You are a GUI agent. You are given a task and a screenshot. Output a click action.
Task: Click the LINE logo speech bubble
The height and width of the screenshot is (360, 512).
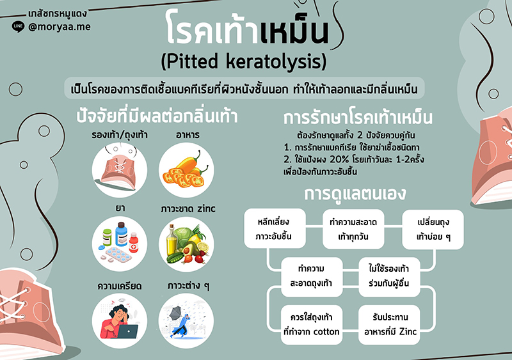tap(18, 27)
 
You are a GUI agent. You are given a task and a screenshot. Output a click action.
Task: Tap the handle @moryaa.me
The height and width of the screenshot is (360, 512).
tap(59, 26)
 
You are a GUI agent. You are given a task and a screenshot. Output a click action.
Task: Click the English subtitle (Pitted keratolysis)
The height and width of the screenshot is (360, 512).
tap(244, 61)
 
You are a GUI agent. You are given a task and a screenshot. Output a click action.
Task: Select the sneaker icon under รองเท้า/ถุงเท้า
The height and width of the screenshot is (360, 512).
tap(120, 169)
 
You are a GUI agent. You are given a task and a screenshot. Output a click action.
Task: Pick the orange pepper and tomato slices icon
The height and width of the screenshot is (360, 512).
tap(186, 170)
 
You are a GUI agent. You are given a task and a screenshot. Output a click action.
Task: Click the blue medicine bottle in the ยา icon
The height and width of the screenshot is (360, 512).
tap(121, 234)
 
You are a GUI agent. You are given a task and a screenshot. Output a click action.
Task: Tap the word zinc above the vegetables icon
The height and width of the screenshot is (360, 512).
tap(206, 208)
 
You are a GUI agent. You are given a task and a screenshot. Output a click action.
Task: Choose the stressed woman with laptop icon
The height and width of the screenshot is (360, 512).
tap(120, 321)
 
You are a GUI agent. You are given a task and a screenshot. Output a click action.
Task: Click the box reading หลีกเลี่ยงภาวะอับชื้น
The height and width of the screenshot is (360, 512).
tap(275, 228)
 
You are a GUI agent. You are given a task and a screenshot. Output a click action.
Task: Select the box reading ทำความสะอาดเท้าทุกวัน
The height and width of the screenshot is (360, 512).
tap(353, 229)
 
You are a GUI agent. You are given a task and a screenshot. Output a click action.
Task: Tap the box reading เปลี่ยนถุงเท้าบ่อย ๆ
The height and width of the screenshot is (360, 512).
tap(433, 230)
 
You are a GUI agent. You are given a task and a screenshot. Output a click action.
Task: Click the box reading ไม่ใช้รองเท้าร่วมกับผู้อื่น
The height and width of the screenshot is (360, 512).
tap(389, 277)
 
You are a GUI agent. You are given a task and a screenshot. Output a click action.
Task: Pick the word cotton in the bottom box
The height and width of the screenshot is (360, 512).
tap(326, 332)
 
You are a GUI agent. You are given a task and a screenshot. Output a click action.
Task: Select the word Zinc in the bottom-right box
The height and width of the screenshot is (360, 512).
tap(408, 332)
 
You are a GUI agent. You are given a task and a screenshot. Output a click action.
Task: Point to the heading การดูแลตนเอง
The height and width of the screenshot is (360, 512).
tap(355, 194)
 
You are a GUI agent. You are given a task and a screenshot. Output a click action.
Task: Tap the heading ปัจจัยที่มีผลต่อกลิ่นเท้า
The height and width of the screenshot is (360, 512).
tap(157, 116)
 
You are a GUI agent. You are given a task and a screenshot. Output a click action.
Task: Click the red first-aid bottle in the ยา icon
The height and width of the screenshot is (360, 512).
tap(134, 242)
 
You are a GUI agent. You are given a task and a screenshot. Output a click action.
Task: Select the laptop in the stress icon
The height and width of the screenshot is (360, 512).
tap(127, 331)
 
